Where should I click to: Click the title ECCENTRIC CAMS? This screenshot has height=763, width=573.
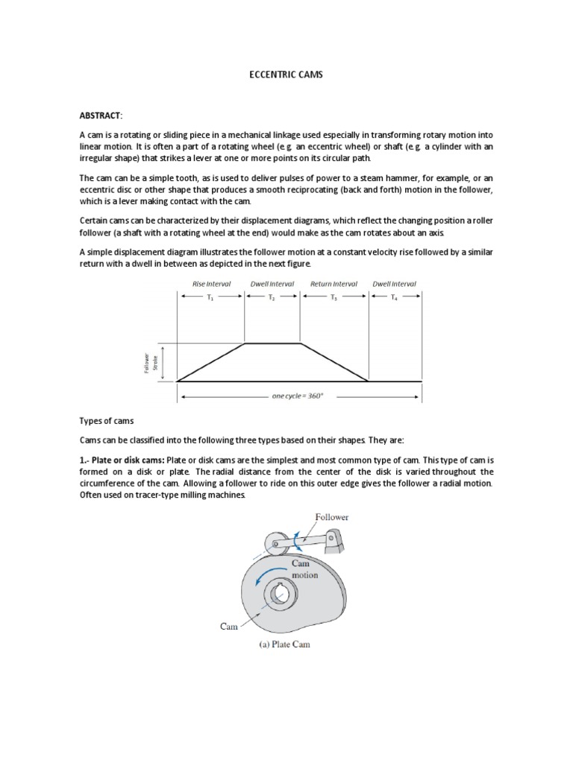point(286,76)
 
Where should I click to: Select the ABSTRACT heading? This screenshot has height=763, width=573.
point(100,115)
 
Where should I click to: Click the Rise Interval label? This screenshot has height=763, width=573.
point(211,284)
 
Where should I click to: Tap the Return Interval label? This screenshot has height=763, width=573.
point(334,284)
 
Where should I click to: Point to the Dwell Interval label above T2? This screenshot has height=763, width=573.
point(272,284)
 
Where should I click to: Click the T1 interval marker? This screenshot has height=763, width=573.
point(211,297)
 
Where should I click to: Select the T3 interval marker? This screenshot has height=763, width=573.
point(334,297)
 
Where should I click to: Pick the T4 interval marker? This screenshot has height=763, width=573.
point(395,297)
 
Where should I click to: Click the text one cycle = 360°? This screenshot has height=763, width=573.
point(298,396)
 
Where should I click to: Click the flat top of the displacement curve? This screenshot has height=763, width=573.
point(272,343)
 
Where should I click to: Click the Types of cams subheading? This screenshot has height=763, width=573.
point(106,421)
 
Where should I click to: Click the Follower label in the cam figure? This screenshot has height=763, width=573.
point(332,516)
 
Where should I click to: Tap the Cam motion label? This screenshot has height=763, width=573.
point(304,570)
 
